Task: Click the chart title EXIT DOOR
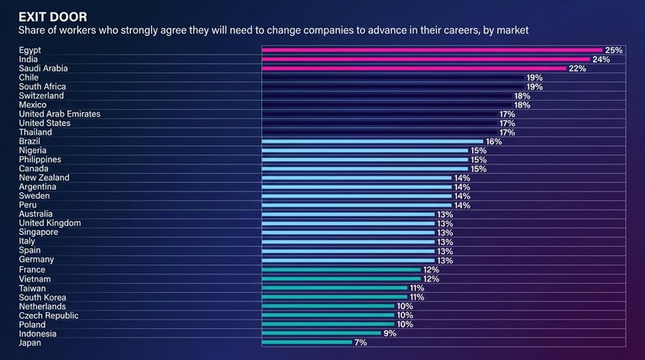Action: click(x=51, y=16)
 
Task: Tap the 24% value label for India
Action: click(x=600, y=60)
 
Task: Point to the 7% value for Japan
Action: click(x=361, y=342)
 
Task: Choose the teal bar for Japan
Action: click(x=307, y=342)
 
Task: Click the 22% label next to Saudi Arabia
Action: click(x=577, y=69)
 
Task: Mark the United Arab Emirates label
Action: click(x=60, y=114)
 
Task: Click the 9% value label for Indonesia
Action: click(x=389, y=333)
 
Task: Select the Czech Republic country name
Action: click(x=49, y=316)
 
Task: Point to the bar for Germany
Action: click(x=349, y=260)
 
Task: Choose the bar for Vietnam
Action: click(x=342, y=279)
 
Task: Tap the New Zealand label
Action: click(x=44, y=178)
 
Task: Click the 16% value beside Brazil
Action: click(x=493, y=142)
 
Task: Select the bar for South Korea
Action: click(x=334, y=297)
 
